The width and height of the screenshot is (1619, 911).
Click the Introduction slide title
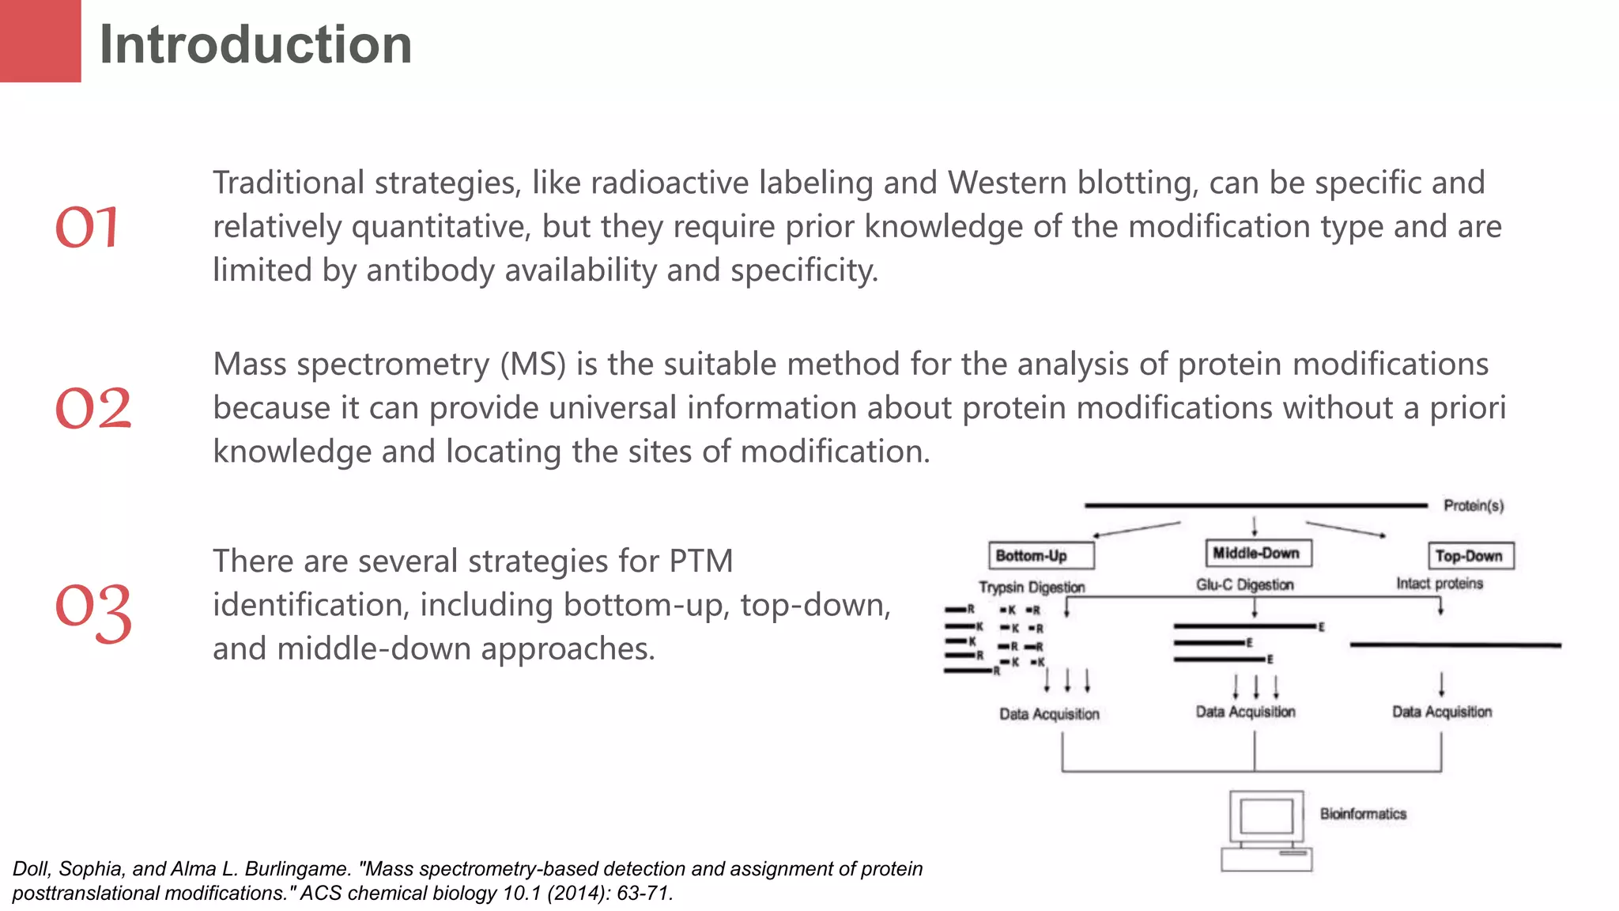coord(255,44)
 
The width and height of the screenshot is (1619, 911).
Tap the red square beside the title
coord(40,40)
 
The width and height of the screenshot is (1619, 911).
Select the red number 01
coord(87,228)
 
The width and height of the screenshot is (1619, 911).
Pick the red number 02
coord(92,409)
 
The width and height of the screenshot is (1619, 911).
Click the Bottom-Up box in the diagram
coord(1041,556)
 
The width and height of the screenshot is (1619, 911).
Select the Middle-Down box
coord(1258,554)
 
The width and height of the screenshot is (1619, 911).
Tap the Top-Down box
coord(1470,556)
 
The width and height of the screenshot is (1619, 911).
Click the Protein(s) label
coord(1473,505)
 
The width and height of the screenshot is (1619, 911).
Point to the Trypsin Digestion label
coord(1032,588)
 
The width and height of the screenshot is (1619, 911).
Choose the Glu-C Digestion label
coord(1244,585)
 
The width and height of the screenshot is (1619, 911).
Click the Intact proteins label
coord(1439,584)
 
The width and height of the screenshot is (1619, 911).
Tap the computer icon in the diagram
coord(1266,830)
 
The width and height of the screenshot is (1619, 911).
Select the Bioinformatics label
coord(1363,814)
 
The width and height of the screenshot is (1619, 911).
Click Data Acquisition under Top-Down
coord(1442,712)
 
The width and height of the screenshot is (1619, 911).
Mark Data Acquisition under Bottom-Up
coord(1049,714)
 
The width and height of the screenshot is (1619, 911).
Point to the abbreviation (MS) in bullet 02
coord(533,365)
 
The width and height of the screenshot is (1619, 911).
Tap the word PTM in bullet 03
coord(700,561)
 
